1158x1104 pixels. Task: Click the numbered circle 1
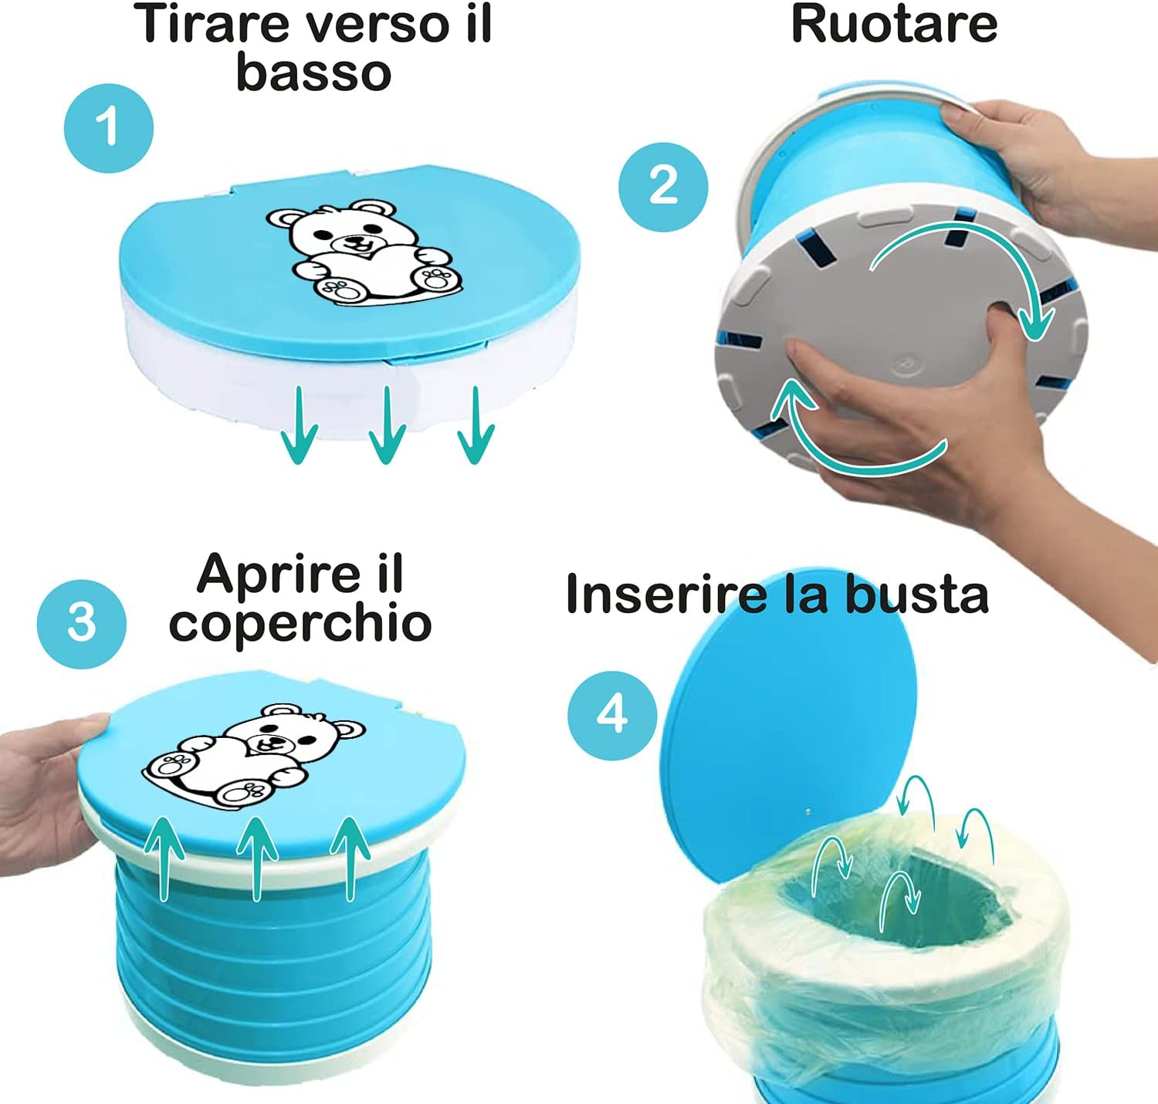(109, 128)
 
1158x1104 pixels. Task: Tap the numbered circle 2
(663, 186)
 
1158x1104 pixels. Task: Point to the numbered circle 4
(612, 716)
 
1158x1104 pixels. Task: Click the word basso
(313, 73)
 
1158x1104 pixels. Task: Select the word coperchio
(300, 624)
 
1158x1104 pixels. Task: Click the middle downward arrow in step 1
(387, 425)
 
